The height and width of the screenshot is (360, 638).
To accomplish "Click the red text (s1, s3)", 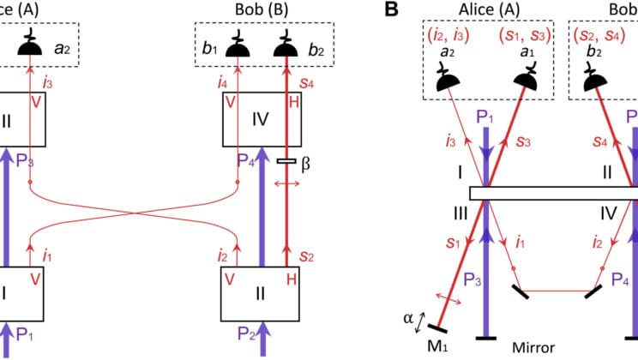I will coord(526,38).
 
